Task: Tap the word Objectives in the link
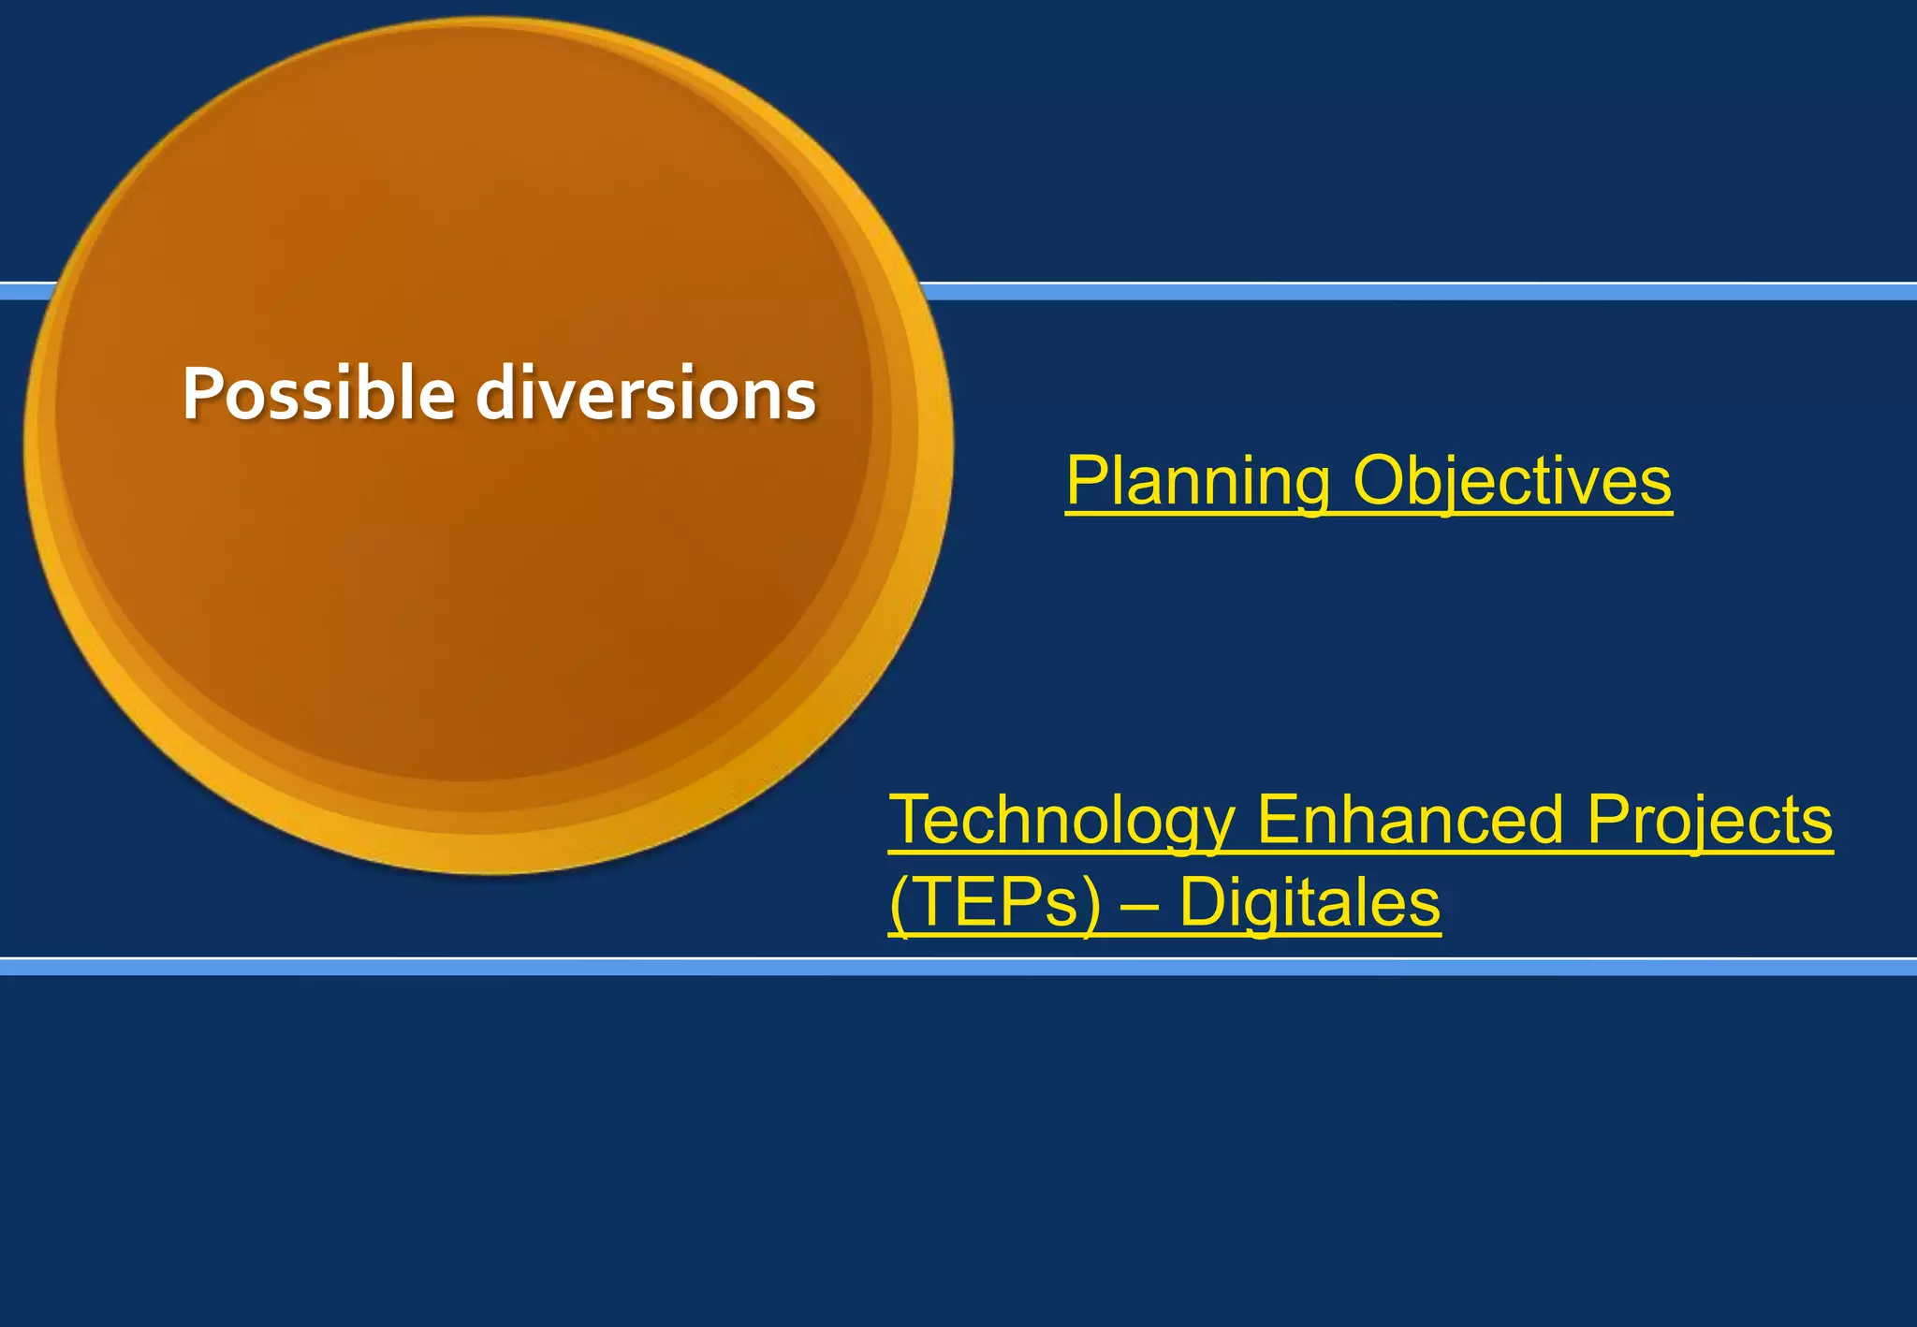pos(1512,481)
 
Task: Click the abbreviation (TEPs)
pos(995,903)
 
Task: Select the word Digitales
pos(1310,903)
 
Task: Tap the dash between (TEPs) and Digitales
pos(1139,906)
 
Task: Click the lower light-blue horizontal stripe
pos(958,968)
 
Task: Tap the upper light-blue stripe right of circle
pos(1404,292)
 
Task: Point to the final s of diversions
pos(801,397)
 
